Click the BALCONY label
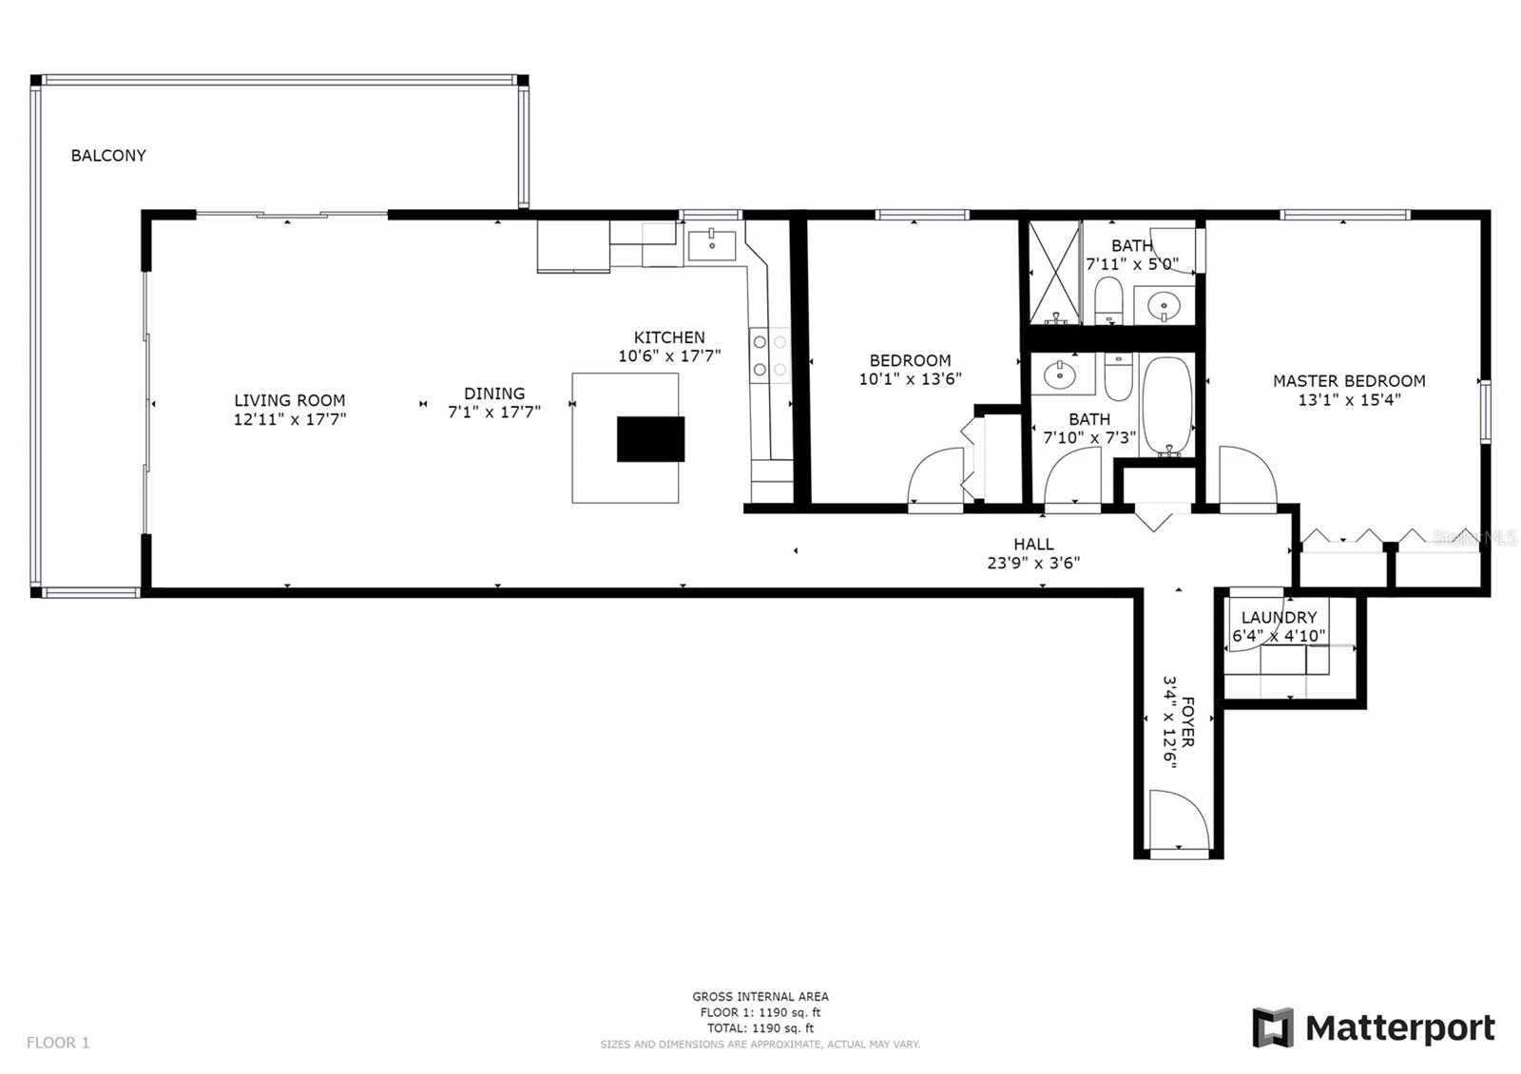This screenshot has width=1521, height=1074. coord(108,156)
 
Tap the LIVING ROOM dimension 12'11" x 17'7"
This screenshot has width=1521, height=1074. coord(290,419)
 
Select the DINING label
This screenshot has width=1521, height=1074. coord(494,393)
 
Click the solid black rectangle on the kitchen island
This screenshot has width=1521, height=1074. coord(650,439)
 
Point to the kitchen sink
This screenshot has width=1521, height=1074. coord(711,245)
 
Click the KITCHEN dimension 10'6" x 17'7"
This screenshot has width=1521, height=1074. coord(669,356)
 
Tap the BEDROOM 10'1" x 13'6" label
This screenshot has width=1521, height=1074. coord(910,369)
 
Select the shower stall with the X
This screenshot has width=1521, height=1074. coord(1054,272)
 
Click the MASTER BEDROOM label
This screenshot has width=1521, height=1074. coord(1349,381)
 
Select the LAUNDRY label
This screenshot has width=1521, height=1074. coord(1279,618)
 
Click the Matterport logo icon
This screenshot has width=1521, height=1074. coord(1273,1027)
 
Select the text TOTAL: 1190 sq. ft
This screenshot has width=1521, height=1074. coord(760,1028)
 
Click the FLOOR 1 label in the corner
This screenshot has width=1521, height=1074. coord(58,1043)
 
